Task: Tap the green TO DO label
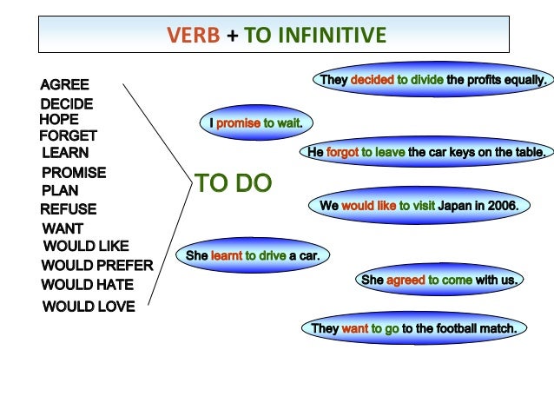(233, 183)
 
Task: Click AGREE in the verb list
(64, 85)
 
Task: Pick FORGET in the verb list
(68, 135)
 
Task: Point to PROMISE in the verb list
(73, 173)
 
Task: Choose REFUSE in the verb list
(68, 209)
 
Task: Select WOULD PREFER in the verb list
(96, 265)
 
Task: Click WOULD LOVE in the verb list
(88, 306)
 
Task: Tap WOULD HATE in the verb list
(87, 284)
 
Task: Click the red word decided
(372, 80)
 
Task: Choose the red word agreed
(406, 280)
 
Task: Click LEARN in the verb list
(64, 153)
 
